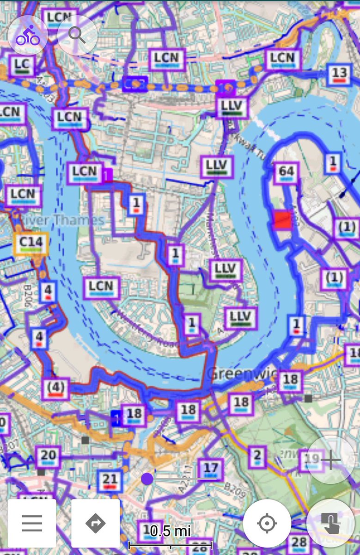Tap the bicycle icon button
(x=28, y=36)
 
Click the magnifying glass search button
(x=77, y=36)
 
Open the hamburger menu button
(x=31, y=523)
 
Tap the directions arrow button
(x=96, y=523)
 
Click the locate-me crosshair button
(x=267, y=524)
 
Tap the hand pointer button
(x=330, y=523)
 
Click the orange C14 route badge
(x=31, y=243)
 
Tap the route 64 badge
(x=286, y=173)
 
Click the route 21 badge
(x=110, y=481)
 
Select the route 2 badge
(x=257, y=457)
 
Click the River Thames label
(x=60, y=220)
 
